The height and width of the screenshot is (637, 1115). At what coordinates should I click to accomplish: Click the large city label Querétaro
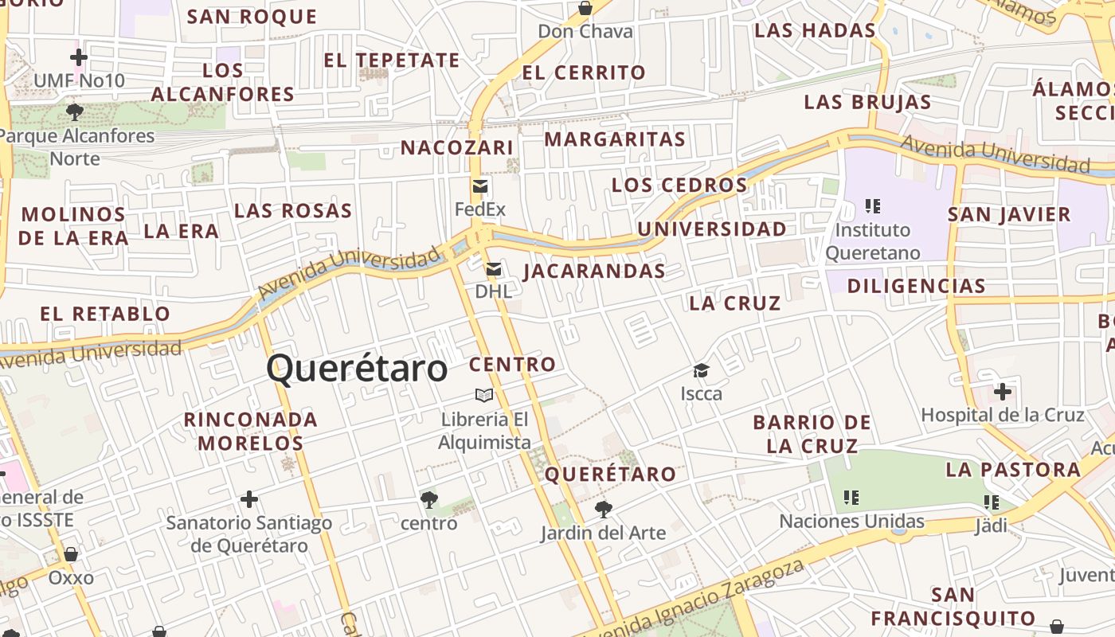[x=357, y=369]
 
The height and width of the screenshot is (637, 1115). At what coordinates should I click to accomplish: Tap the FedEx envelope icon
[x=480, y=186]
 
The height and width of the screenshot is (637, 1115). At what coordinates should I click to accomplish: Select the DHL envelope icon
[x=494, y=269]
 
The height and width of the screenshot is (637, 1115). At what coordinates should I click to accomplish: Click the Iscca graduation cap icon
[x=701, y=370]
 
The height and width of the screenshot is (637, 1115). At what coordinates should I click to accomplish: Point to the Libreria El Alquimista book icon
[x=484, y=395]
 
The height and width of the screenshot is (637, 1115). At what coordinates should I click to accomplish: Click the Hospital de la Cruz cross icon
[x=1003, y=392]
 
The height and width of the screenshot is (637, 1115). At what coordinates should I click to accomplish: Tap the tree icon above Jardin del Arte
[x=604, y=509]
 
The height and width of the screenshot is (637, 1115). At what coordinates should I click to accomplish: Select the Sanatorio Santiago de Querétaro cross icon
[x=249, y=499]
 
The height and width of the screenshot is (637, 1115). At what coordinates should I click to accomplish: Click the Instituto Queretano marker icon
[x=873, y=206]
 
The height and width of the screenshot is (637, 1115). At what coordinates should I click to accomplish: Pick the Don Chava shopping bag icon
[x=585, y=9]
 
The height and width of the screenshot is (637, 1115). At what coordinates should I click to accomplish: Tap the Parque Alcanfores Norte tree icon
[x=75, y=112]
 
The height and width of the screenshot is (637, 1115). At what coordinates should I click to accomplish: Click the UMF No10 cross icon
[x=79, y=57]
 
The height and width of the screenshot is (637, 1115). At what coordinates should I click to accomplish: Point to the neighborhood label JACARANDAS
[x=594, y=271]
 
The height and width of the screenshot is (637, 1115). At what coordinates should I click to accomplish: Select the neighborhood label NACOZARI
[x=457, y=147]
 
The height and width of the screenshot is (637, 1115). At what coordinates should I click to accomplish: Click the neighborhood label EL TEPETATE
[x=392, y=61]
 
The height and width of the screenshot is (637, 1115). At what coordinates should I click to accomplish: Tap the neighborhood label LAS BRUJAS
[x=867, y=102]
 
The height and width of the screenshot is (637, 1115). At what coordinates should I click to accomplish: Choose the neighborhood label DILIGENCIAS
[x=916, y=286]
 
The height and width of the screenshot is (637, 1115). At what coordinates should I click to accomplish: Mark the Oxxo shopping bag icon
[x=71, y=554]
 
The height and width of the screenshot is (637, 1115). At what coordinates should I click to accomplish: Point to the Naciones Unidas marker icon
[x=851, y=498]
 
